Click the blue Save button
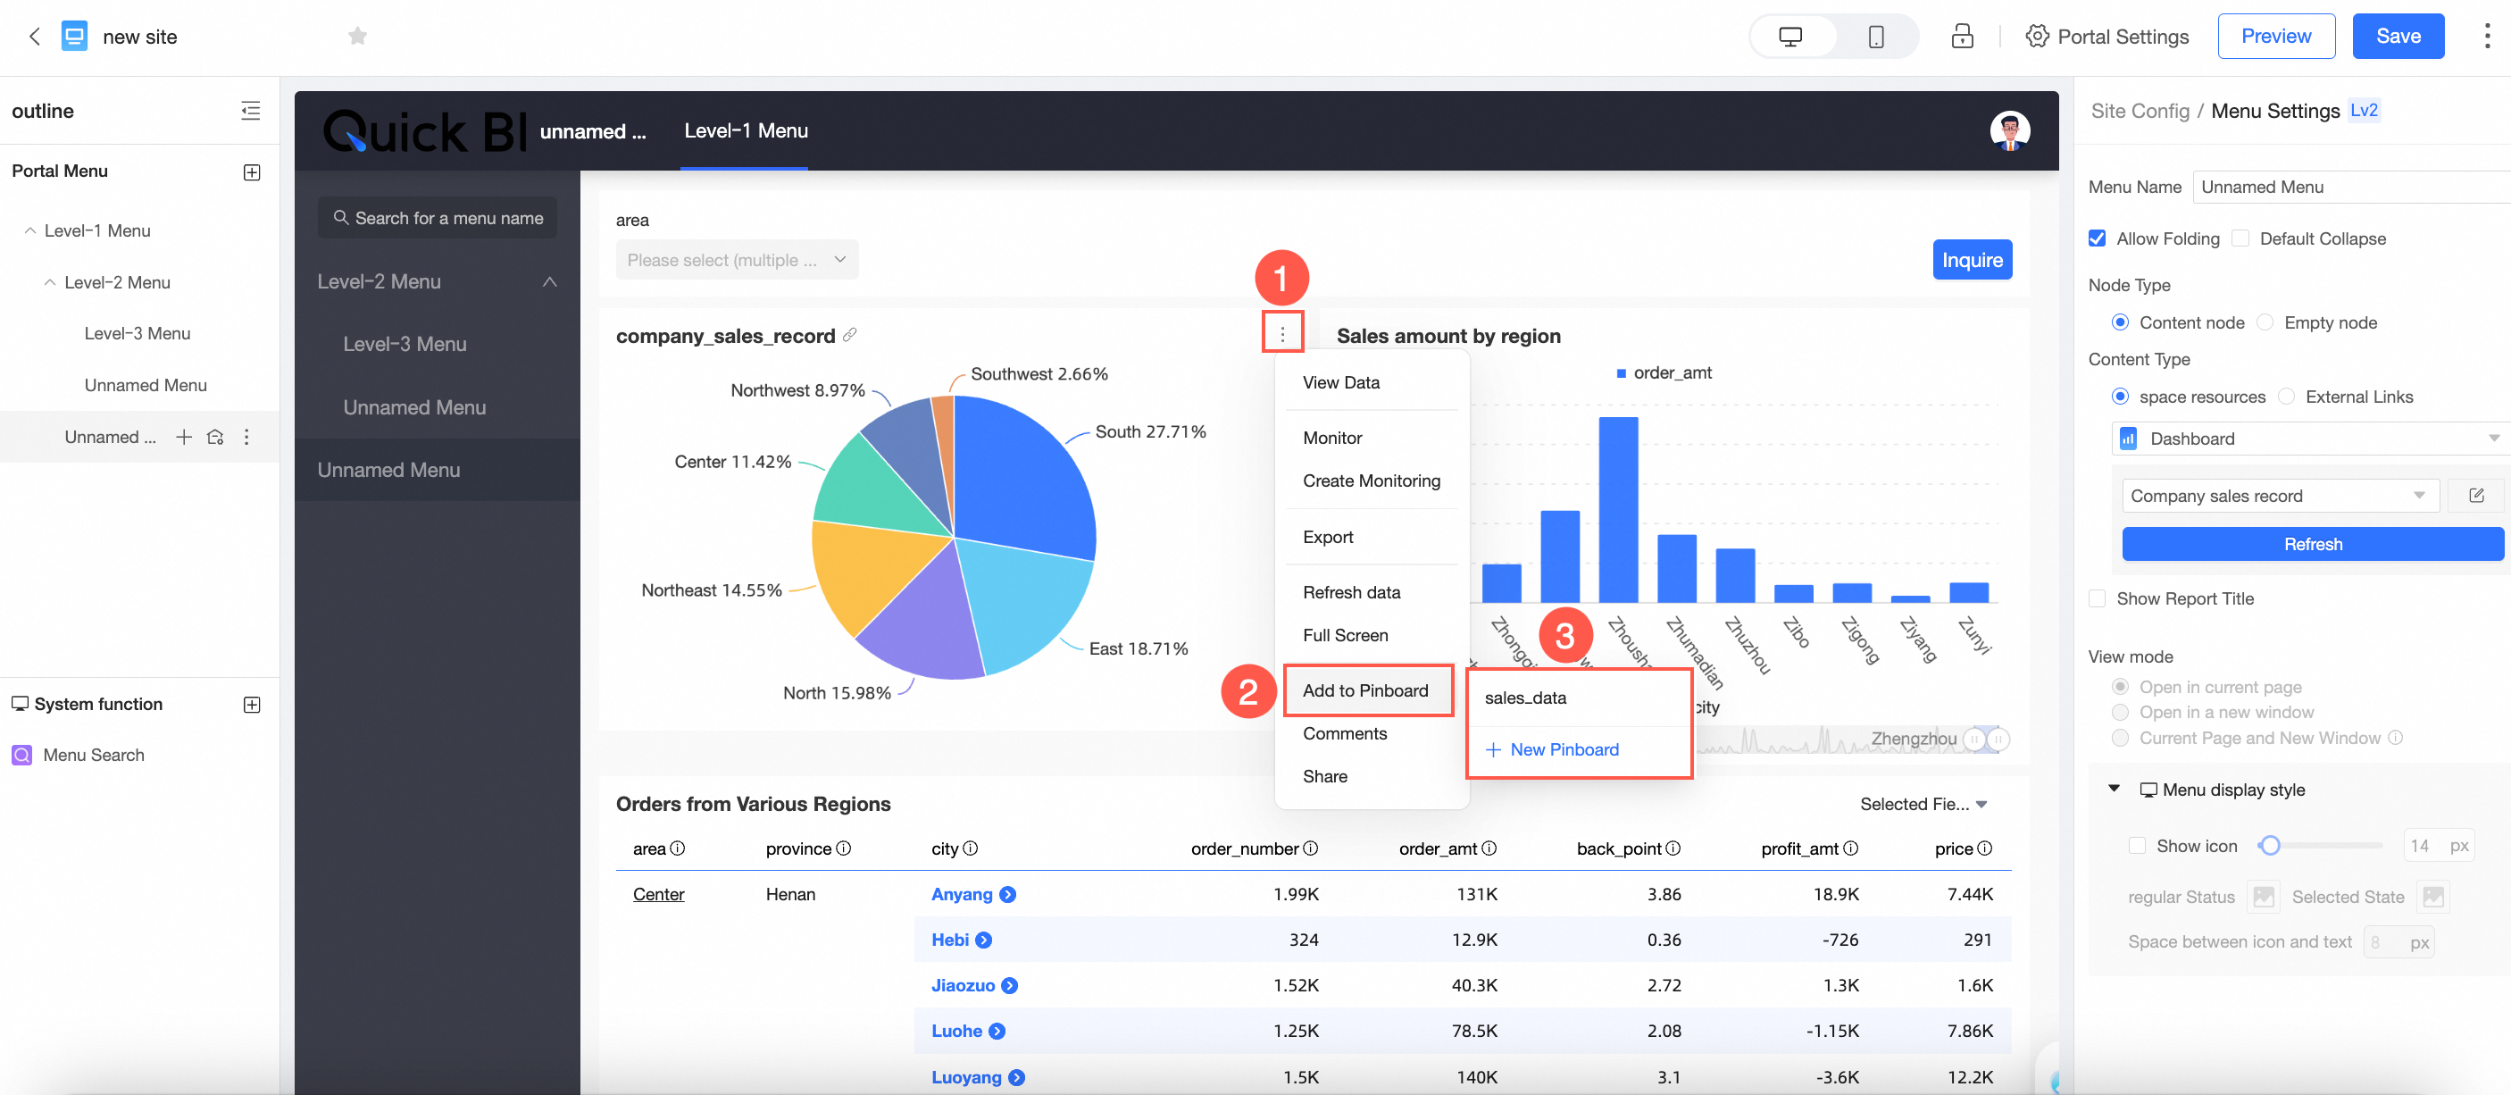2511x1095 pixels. (2397, 36)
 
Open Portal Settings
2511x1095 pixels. (2107, 36)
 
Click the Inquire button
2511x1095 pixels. (1971, 259)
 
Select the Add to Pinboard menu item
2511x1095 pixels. (1364, 690)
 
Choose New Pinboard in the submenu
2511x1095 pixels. (1563, 748)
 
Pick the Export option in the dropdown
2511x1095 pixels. (1328, 536)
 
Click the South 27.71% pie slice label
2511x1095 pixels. (1150, 431)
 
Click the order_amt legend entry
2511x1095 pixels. (1671, 372)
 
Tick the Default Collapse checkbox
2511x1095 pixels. (2241, 238)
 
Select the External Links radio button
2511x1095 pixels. (2286, 397)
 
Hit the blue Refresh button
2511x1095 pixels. (2311, 544)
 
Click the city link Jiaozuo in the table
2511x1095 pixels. (962, 985)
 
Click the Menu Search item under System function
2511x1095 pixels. (93, 755)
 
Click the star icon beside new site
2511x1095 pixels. (358, 36)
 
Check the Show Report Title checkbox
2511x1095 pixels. (2098, 598)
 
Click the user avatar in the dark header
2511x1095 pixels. (2009, 130)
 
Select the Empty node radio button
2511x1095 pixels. (2265, 322)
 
